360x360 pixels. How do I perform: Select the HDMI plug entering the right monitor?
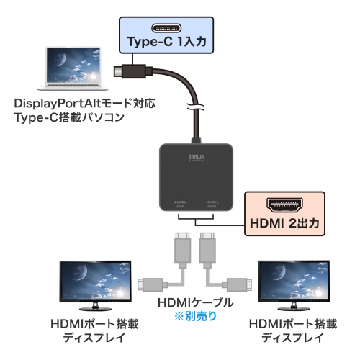click(x=238, y=284)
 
